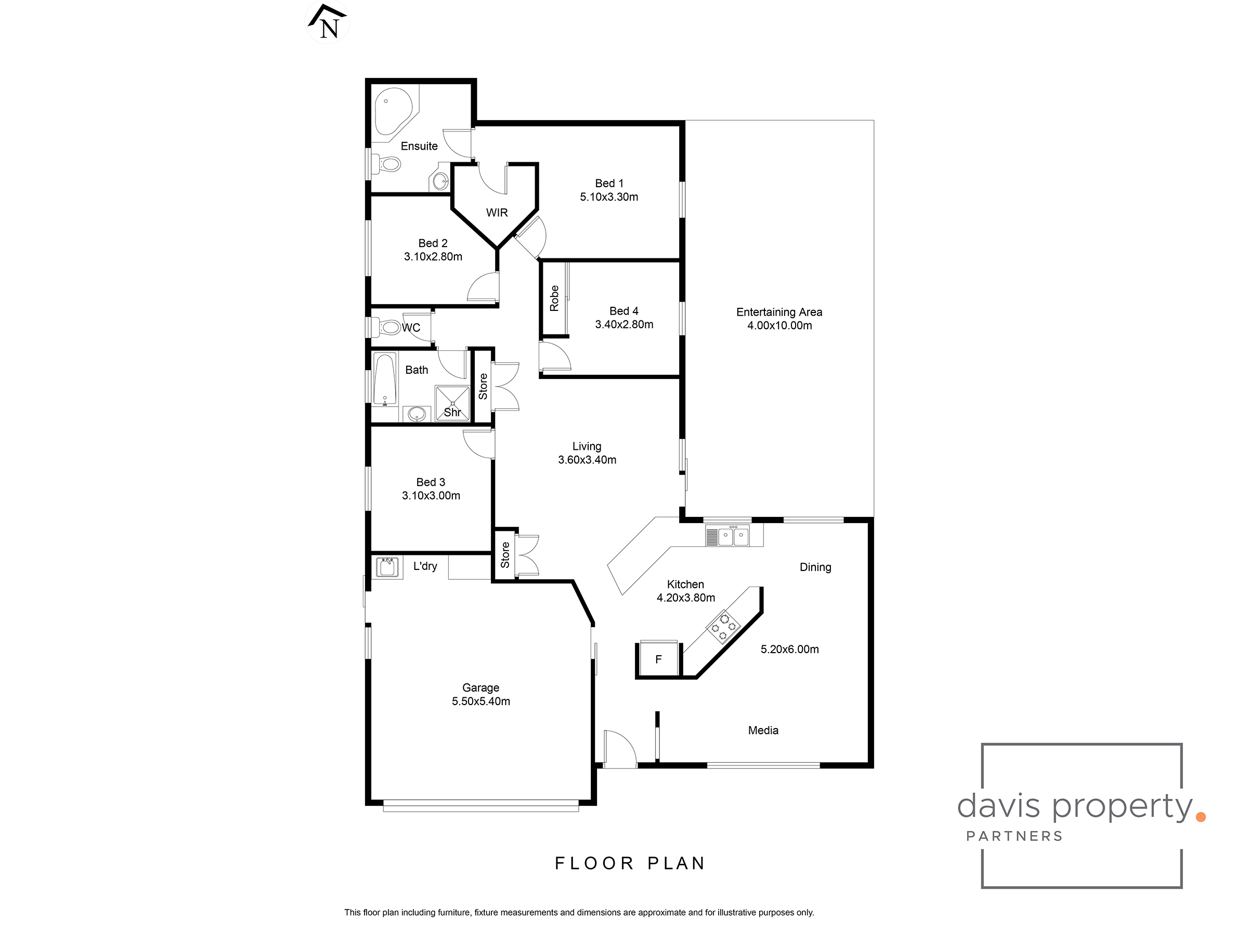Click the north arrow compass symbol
point(327,22)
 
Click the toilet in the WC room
point(389,327)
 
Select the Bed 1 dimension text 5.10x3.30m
point(609,197)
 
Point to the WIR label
point(497,213)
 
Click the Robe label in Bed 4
point(554,298)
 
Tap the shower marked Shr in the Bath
point(452,403)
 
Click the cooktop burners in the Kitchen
point(723,626)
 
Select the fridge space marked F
point(658,659)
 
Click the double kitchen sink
point(733,536)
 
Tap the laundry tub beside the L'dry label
point(387,566)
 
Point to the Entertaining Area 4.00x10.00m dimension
point(779,326)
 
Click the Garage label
point(480,687)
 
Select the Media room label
point(763,730)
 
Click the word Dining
point(815,567)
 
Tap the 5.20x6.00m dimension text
point(789,649)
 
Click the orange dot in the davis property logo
point(1200,816)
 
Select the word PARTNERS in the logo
point(1015,836)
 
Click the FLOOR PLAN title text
point(630,863)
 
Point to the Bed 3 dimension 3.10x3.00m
point(431,496)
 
